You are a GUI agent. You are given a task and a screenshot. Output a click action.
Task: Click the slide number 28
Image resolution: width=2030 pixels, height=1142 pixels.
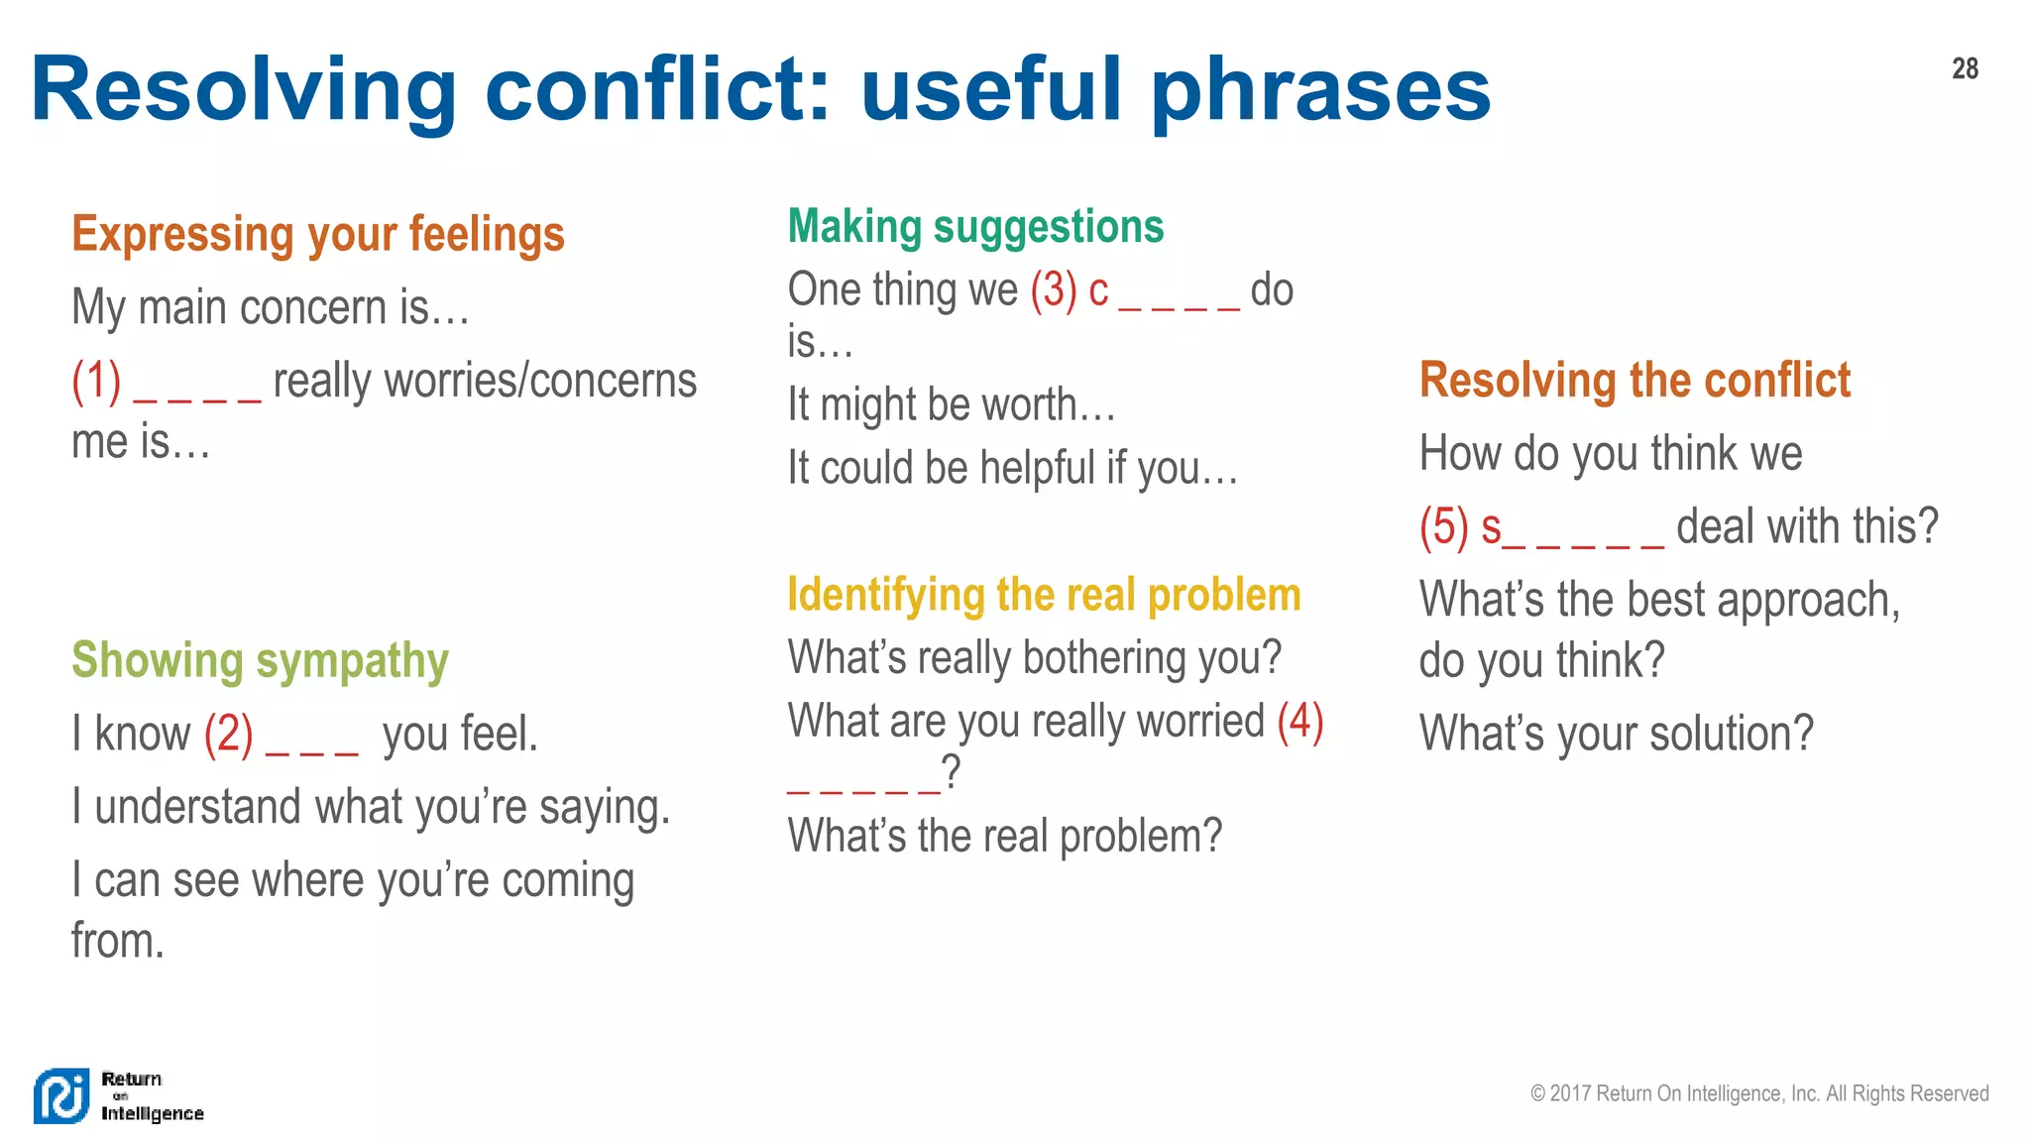click(x=1965, y=68)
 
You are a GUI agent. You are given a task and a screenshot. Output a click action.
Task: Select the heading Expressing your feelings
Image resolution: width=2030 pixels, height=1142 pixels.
click(x=318, y=235)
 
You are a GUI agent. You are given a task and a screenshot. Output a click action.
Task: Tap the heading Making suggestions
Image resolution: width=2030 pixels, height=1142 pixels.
click(x=975, y=227)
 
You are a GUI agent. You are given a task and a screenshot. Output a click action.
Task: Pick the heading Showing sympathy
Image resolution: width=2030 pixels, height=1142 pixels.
click(x=260, y=661)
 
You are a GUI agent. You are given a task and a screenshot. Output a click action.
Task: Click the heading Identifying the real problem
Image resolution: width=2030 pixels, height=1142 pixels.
click(x=1044, y=595)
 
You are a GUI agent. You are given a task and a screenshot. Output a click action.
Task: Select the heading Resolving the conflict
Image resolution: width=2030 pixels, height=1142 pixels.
click(x=1635, y=381)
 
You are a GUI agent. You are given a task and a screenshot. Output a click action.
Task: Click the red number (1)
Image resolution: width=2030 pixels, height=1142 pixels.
click(x=96, y=382)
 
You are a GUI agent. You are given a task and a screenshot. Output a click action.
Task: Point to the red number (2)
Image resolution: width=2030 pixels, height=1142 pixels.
click(x=228, y=735)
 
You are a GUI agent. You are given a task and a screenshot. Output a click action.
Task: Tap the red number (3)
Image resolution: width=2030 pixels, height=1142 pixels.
click(x=1053, y=290)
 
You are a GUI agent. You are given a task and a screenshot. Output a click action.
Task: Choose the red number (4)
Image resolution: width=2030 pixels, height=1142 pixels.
click(x=1300, y=721)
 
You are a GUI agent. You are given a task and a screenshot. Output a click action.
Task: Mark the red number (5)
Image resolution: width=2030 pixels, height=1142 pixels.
click(x=1443, y=526)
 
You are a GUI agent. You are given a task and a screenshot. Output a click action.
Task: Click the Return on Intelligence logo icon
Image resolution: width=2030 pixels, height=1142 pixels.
click(x=61, y=1096)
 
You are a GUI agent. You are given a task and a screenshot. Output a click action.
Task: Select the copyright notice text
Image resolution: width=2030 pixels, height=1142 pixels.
click(x=1758, y=1093)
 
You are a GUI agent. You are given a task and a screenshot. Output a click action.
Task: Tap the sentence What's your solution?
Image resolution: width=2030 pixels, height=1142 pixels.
click(x=1616, y=735)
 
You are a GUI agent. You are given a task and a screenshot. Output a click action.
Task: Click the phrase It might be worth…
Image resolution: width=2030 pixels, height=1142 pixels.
click(x=952, y=405)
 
